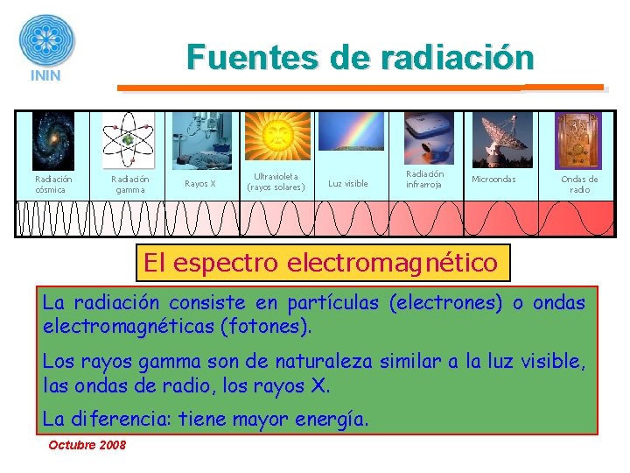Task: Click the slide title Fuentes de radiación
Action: point(360,58)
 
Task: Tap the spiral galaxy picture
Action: point(53,141)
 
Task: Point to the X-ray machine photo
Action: point(201,140)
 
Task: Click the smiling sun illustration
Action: point(276,136)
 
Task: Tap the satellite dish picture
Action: point(502,139)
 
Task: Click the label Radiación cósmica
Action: point(53,184)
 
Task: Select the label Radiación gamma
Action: point(130,184)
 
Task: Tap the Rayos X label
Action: point(199,184)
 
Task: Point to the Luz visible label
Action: point(348,184)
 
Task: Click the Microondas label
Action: point(493,180)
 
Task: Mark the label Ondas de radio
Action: point(579,184)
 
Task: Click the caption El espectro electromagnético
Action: point(320,262)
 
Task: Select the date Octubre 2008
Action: point(87,445)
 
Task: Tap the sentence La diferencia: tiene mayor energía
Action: point(206,420)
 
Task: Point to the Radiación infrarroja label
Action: point(424,179)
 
